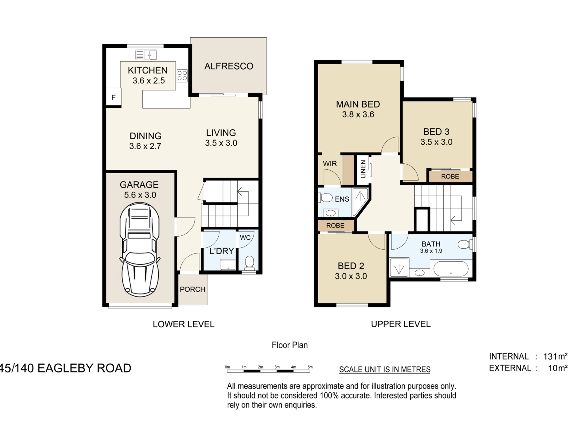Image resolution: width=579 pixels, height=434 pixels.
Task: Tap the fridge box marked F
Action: [x=113, y=97]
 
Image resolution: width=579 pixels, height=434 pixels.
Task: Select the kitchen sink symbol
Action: [x=146, y=55]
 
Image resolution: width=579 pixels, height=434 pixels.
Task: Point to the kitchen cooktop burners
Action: [x=182, y=75]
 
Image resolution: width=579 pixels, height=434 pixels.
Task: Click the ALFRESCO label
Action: [x=229, y=66]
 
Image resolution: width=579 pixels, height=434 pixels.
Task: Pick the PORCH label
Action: [x=192, y=289]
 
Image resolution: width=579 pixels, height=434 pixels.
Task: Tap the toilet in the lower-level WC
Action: [x=249, y=263]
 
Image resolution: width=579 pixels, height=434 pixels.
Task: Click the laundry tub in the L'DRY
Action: [x=228, y=265]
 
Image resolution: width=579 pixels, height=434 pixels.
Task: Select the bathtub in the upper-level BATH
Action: [x=451, y=269]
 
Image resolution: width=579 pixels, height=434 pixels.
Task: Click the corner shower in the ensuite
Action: [x=360, y=201]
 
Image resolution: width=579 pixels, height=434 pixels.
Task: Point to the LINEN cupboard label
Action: [x=363, y=169]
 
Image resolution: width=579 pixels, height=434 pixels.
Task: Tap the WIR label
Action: [x=330, y=164]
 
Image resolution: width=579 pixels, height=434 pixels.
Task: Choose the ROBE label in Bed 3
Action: [x=450, y=177]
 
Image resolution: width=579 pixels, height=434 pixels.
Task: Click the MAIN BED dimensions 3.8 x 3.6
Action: [x=358, y=115]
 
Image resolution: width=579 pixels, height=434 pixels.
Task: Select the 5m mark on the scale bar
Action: [x=310, y=367]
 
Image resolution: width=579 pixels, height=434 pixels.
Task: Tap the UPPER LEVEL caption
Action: [x=401, y=324]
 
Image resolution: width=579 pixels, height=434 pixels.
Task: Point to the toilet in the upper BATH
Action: [x=465, y=244]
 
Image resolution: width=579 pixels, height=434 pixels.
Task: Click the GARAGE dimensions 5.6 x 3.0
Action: [x=140, y=195]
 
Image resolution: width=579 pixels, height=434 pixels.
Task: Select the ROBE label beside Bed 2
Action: [x=335, y=225]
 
